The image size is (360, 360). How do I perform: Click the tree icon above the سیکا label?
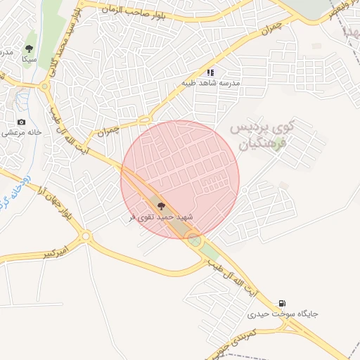pos(29,49)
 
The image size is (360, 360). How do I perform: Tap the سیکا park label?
pos(29,60)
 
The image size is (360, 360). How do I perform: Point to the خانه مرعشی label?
pos(21,132)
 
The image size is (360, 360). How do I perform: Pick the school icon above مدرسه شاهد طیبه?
pos(210,72)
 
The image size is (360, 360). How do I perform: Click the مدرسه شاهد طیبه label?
pos(211,83)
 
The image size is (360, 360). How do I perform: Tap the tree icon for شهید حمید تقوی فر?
pos(162,206)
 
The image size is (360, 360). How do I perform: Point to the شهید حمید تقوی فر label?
pos(162,217)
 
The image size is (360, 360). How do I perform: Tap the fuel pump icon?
pos(283,303)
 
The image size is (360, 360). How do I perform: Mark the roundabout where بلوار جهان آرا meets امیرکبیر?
pos(86,236)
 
